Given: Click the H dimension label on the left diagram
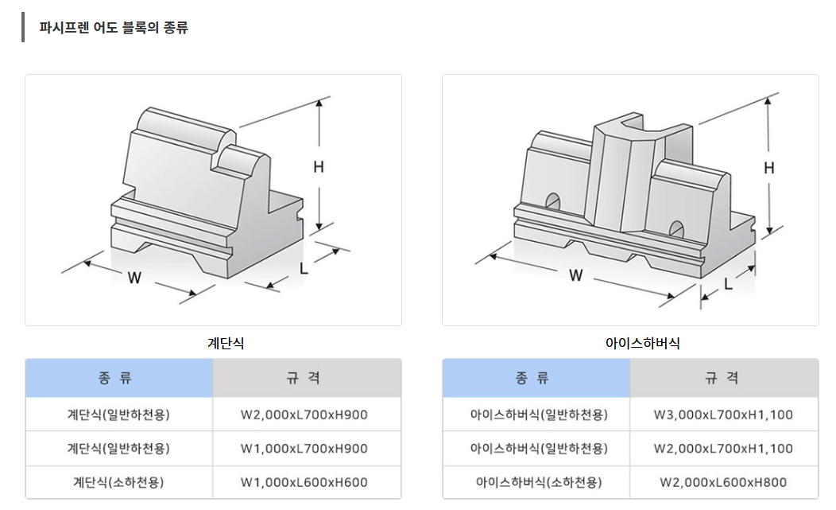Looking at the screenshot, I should [x=319, y=167].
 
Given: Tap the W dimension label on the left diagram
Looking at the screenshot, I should [x=134, y=278].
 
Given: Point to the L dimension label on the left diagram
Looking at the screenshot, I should [x=304, y=269].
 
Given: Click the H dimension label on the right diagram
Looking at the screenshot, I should [x=768, y=168].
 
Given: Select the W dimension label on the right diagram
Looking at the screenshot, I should [x=576, y=276].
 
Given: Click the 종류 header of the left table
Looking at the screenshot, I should [x=119, y=378].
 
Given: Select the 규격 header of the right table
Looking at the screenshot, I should [x=723, y=378].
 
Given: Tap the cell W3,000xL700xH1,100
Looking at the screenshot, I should [x=723, y=415].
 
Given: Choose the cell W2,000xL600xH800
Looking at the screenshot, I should [x=723, y=482].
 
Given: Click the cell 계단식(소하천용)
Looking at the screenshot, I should [x=118, y=482].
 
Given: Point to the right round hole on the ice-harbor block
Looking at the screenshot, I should [x=676, y=228].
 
